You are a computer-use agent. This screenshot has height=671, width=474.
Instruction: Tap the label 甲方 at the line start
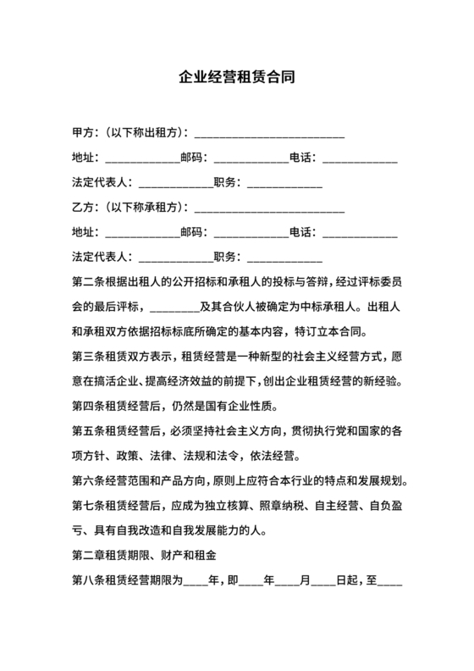pyautogui.click(x=83, y=133)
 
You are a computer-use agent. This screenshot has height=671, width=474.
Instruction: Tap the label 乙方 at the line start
pyautogui.click(x=83, y=207)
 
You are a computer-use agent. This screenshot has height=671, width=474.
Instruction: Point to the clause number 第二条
pyautogui.click(x=89, y=280)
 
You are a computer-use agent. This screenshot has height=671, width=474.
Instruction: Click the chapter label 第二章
pyautogui.click(x=89, y=557)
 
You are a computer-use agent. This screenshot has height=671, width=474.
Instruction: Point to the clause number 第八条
pyautogui.click(x=89, y=581)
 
